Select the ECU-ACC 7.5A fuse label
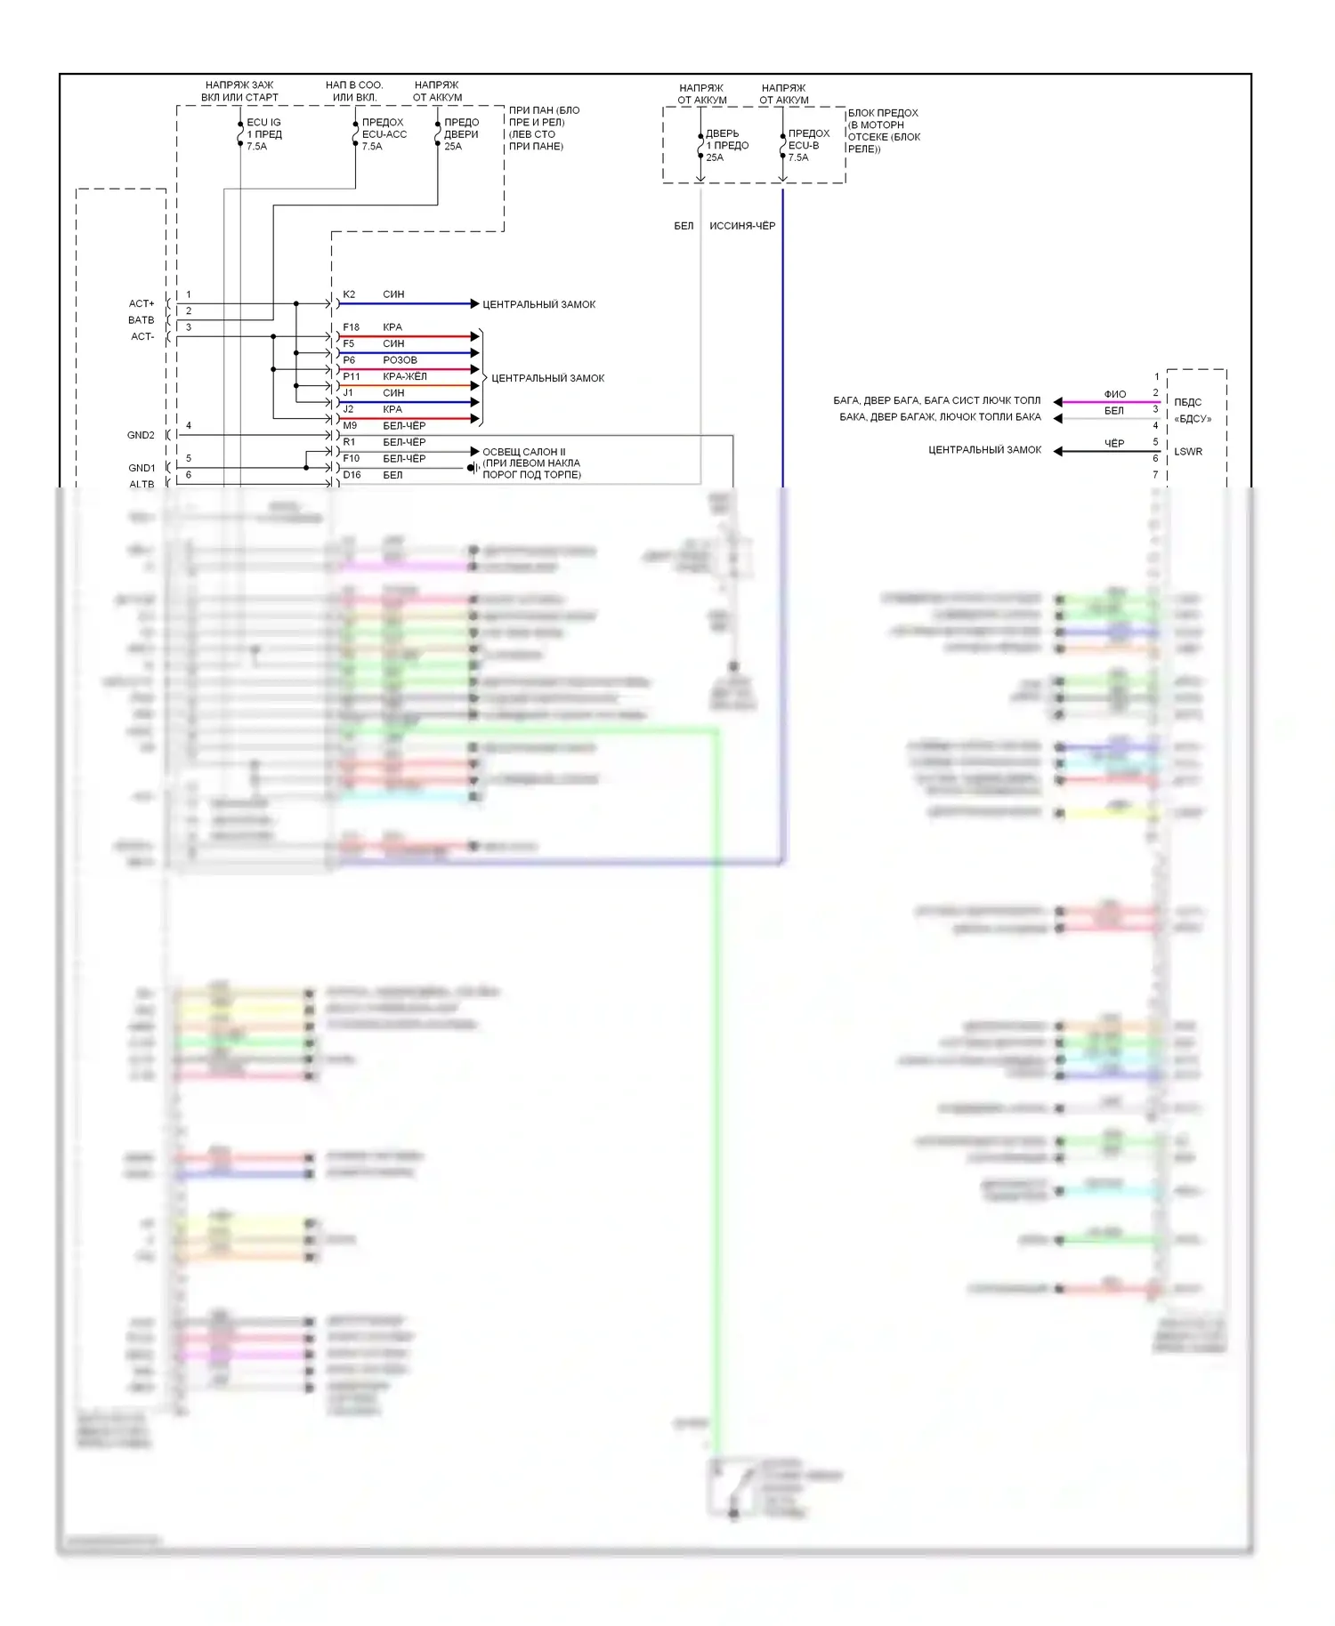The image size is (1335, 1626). (384, 134)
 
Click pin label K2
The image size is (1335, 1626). (349, 294)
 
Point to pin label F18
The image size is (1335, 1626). (351, 327)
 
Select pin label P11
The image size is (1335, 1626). (351, 376)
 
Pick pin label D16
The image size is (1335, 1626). (352, 475)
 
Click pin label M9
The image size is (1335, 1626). (350, 426)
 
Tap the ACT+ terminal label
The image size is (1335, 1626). (142, 303)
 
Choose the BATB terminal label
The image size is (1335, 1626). (141, 320)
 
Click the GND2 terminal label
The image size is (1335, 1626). (141, 435)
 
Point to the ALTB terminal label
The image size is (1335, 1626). (142, 485)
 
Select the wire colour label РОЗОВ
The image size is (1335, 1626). (400, 360)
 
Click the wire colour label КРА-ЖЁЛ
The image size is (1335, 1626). (404, 376)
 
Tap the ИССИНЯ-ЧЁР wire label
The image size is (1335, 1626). (741, 226)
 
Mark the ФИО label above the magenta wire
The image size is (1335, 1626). (1114, 394)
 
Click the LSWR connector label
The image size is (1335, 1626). (1187, 452)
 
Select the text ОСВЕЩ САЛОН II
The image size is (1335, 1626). (523, 452)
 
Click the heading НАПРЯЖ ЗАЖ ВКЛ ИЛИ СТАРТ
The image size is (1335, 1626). (239, 92)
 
